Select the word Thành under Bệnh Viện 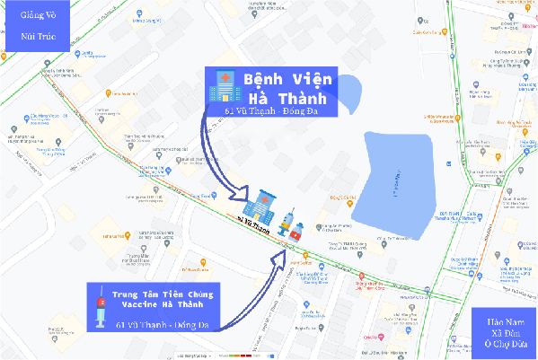(302, 96)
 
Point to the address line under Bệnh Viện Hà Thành (278, 111)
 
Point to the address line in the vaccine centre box (162, 323)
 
